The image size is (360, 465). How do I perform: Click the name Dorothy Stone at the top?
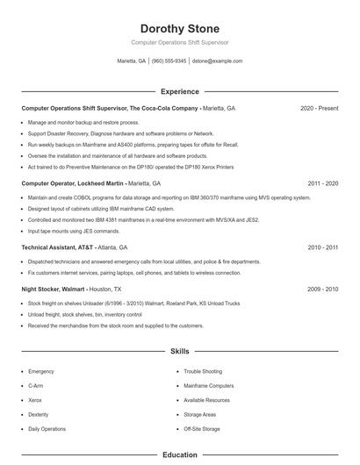point(180,28)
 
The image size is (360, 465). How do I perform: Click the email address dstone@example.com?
point(217,61)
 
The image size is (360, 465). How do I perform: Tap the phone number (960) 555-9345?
point(169,61)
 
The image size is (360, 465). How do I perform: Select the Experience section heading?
point(180,91)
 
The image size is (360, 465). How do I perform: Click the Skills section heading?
point(180,351)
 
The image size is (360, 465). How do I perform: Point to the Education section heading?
point(180,455)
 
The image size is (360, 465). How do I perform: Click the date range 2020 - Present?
point(319,108)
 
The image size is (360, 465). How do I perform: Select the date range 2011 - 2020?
point(322,184)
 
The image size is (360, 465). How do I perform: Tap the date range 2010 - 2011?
point(322,247)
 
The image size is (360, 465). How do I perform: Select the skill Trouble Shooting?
point(203,372)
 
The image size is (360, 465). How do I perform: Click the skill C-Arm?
point(36,386)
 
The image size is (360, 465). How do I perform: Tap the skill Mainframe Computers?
point(209,386)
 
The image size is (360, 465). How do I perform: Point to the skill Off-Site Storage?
point(203,429)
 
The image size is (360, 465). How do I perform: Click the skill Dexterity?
point(39,414)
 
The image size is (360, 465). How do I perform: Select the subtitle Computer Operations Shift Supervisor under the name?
point(180,42)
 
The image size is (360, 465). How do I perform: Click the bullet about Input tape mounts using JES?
point(74,231)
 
